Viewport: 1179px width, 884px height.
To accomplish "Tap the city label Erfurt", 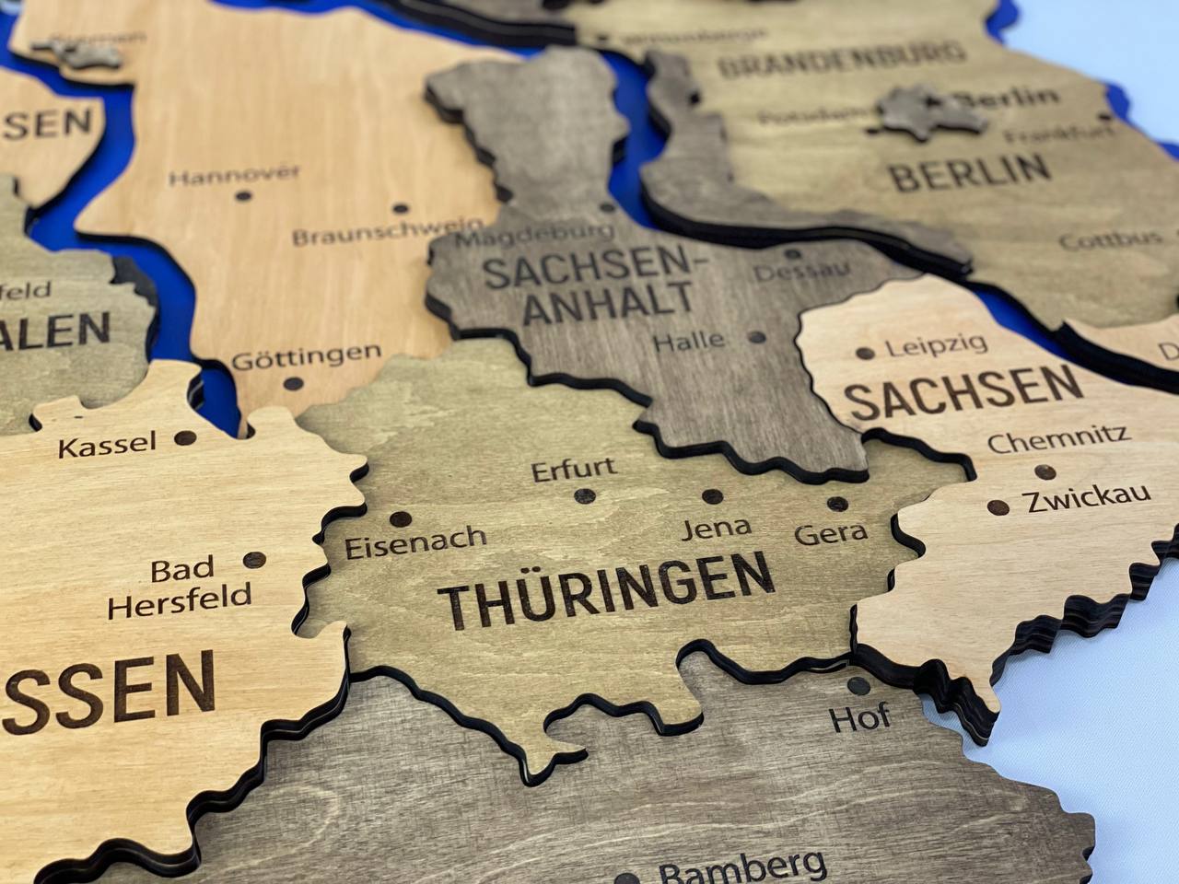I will coord(574,469).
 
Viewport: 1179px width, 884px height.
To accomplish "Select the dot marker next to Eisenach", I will coord(400,519).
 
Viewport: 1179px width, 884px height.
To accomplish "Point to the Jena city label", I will coord(716,528).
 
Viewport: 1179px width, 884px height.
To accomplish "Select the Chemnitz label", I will coord(1058,439).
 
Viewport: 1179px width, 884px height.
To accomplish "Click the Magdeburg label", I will coord(534,235).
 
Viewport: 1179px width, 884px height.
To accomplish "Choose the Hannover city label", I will coord(235,175).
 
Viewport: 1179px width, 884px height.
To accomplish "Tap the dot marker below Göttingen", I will coord(293,383).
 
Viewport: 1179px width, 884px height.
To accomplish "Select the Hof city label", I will coord(859,717).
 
